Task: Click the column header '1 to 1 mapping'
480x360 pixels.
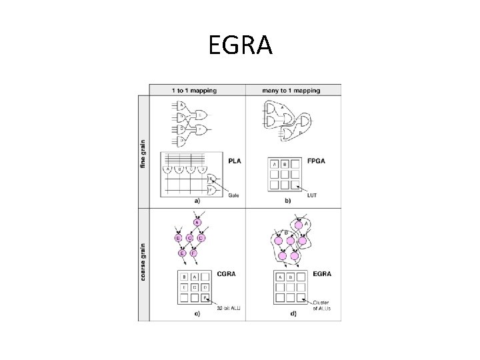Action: point(197,90)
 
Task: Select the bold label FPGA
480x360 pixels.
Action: point(315,161)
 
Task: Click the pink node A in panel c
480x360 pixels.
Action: point(197,221)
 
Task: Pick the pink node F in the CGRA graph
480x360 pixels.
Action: point(194,253)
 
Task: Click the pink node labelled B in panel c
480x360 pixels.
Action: point(177,237)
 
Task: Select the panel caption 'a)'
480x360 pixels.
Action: point(197,200)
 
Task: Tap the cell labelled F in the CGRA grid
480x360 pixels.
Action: point(207,299)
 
